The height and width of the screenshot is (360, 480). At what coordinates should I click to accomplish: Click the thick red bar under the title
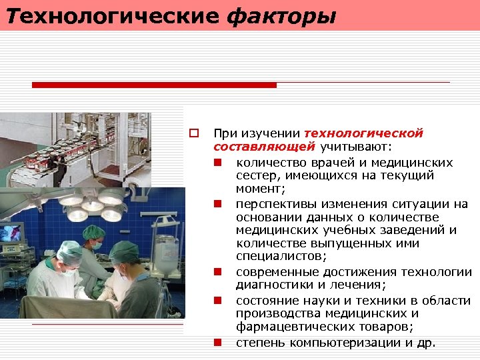154,85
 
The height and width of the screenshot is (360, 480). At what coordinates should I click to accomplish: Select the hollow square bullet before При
194,134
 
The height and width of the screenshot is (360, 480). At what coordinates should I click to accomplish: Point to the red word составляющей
264,147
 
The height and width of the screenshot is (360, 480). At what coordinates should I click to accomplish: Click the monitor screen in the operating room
11,233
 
